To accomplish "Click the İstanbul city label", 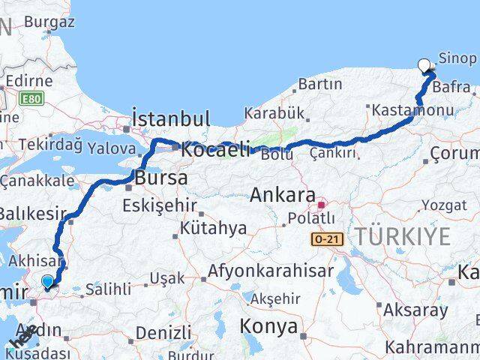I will click(x=171, y=118).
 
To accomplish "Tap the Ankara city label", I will click(x=282, y=196).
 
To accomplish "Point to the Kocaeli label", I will click(x=214, y=149).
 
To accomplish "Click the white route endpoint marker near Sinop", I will click(x=425, y=65).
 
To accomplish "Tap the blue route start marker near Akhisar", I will click(x=48, y=282).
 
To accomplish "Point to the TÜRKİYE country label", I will click(x=403, y=237).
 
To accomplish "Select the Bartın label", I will click(x=320, y=85).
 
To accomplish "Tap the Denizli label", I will click(x=164, y=331).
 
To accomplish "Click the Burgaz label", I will click(x=49, y=22).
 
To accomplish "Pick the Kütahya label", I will click(x=202, y=227).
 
